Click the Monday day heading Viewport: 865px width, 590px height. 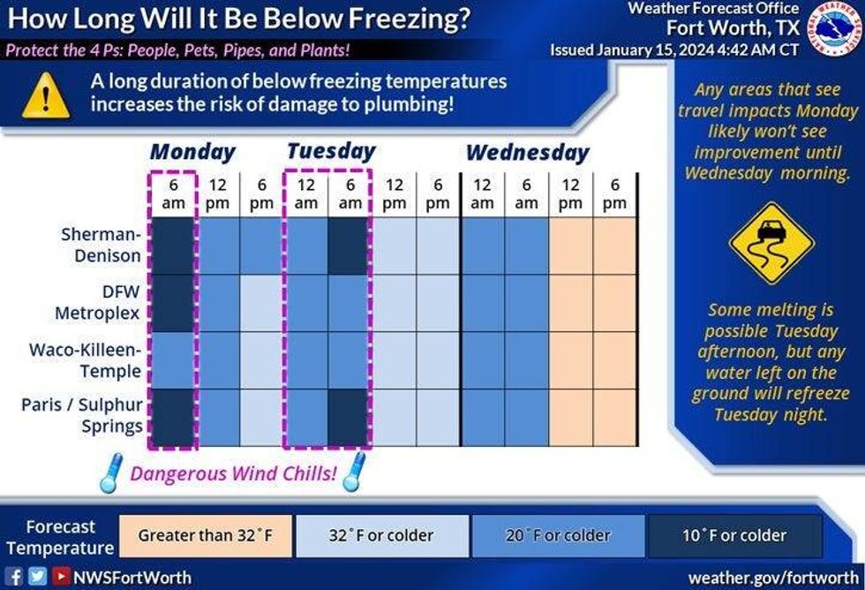coord(192,152)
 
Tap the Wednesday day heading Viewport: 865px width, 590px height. coord(527,153)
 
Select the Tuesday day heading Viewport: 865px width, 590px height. coord(331,151)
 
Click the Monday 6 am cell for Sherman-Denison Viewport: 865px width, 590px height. coord(173,246)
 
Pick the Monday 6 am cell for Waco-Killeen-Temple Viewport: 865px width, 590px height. coord(173,360)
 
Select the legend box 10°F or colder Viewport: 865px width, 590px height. coord(733,536)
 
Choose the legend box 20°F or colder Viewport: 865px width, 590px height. coord(558,536)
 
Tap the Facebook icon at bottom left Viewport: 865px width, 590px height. coord(15,577)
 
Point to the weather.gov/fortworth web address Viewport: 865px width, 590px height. coord(773,577)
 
